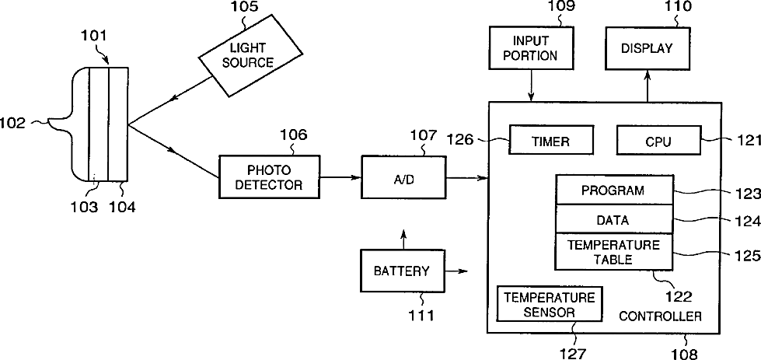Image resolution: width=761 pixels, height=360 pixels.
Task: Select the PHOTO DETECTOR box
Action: [270, 177]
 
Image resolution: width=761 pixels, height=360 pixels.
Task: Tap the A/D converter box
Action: [403, 177]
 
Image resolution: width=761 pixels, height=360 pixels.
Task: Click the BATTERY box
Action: [401, 271]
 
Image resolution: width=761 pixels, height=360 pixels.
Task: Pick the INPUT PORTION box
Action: [530, 47]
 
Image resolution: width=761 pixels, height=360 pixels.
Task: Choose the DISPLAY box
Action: [647, 47]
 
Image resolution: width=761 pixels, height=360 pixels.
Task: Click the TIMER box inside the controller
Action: [550, 142]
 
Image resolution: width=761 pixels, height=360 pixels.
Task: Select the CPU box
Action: [658, 142]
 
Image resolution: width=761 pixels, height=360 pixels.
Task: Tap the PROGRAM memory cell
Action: [613, 190]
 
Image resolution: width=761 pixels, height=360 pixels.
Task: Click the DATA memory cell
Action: [613, 219]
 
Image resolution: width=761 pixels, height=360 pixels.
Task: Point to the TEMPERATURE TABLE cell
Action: [613, 252]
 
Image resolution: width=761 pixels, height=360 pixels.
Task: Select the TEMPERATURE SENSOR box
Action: [549, 304]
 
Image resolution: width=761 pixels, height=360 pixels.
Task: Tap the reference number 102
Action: [13, 122]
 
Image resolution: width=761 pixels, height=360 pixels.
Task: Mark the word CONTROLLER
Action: [660, 316]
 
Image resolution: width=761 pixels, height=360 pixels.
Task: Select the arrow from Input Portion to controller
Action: [530, 84]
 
